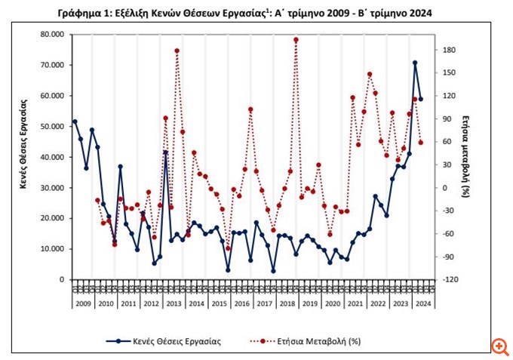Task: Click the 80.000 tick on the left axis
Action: (52, 35)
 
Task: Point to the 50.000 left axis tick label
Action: (52, 127)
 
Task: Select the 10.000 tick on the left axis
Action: (52, 249)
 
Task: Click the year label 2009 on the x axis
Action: (82, 303)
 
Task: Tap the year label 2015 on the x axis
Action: (220, 303)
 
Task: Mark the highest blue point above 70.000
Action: (415, 63)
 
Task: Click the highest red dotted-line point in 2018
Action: (296, 40)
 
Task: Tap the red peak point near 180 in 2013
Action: (177, 51)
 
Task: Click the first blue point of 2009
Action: (75, 122)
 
